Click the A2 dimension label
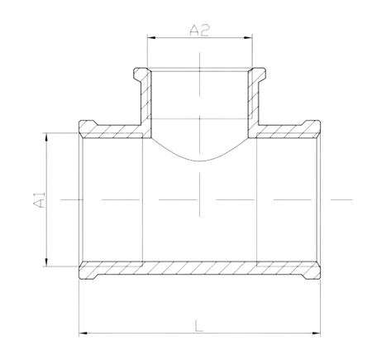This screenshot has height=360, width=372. tap(199, 30)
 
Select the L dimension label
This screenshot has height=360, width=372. tap(199, 325)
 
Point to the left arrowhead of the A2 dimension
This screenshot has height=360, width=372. tap(150, 38)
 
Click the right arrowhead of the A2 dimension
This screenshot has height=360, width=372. tap(250, 38)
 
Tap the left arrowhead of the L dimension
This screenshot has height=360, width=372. tap(83, 334)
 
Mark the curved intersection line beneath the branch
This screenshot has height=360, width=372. tap(199, 160)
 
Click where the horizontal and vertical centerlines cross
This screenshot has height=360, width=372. tap(199, 199)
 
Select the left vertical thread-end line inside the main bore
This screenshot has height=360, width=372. tap(143, 199)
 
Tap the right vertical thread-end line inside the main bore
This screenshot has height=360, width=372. tap(257, 199)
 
